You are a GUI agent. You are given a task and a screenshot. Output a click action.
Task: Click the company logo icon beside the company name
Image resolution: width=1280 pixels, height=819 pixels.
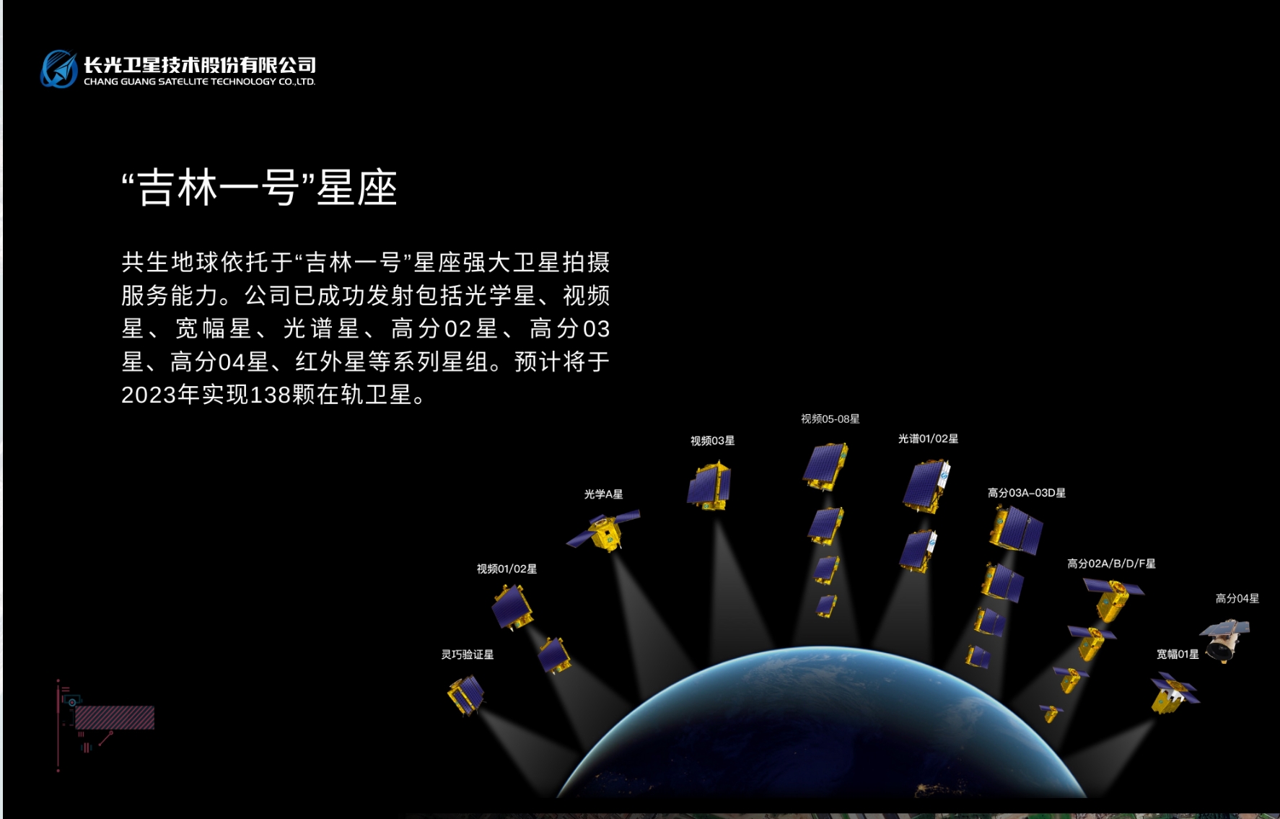[59, 69]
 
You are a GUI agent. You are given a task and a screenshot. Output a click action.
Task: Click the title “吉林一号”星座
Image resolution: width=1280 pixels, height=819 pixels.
[260, 188]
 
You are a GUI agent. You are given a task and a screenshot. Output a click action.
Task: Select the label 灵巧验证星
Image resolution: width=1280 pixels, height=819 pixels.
[468, 654]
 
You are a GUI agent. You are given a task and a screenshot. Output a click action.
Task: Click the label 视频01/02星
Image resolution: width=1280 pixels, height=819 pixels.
[507, 569]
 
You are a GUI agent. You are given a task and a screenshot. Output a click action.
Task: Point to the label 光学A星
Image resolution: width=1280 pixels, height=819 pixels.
[603, 494]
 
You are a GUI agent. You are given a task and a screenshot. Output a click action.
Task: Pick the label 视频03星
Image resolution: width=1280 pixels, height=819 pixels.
[712, 441]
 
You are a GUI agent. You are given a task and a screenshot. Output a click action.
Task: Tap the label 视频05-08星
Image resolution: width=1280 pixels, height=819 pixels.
[830, 419]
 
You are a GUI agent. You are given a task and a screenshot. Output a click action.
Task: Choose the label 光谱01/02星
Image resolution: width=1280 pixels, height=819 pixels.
[928, 439]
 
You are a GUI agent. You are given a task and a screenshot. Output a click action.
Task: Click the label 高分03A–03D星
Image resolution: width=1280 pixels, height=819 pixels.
[1026, 493]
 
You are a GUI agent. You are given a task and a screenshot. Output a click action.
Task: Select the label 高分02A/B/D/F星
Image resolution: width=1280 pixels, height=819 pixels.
[1111, 564]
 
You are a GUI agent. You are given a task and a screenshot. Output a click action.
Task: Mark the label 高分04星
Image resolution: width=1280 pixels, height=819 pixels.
[1237, 598]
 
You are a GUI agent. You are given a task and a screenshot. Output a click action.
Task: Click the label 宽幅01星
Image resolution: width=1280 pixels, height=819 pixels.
[1178, 654]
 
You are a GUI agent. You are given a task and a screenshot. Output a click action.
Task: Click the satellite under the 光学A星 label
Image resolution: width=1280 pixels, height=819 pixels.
[604, 530]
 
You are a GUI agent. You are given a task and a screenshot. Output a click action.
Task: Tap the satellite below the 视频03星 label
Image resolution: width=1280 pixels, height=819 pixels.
[709, 486]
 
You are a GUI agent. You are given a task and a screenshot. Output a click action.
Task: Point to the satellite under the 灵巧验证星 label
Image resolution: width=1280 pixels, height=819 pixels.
[466, 694]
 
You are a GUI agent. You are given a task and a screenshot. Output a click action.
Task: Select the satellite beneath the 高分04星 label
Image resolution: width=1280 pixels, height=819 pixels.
[1224, 639]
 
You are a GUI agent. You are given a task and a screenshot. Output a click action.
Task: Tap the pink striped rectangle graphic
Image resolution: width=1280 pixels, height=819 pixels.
[115, 717]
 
